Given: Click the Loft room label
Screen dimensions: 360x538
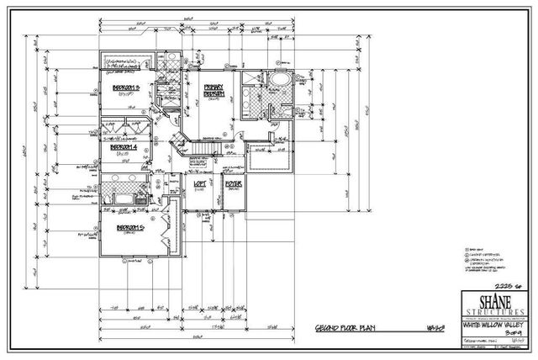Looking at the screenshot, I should click(x=200, y=183).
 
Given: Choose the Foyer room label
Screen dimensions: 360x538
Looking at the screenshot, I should click(x=233, y=183).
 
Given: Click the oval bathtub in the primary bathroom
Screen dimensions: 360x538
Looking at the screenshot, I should click(x=277, y=81).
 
